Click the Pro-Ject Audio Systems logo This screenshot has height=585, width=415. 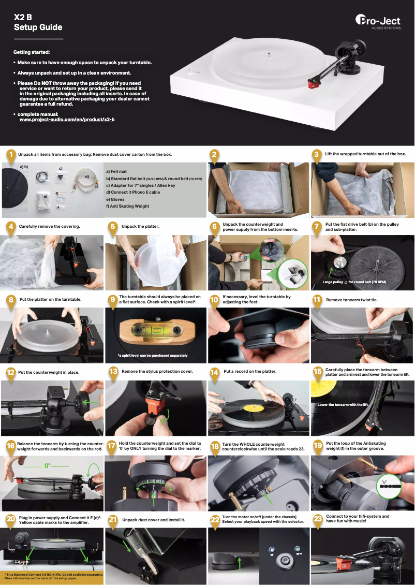pos(378,22)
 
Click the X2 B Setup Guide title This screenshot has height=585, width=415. pos(38,22)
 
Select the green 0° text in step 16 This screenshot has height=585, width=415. pos(48,466)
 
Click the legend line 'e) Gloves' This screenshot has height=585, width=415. pos(115,199)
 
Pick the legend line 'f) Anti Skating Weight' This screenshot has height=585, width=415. pos(127,206)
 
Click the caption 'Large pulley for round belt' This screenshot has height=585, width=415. pos(354,282)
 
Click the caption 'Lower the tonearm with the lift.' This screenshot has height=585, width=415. pos(342,404)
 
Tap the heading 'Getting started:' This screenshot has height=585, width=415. pos(32,52)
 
